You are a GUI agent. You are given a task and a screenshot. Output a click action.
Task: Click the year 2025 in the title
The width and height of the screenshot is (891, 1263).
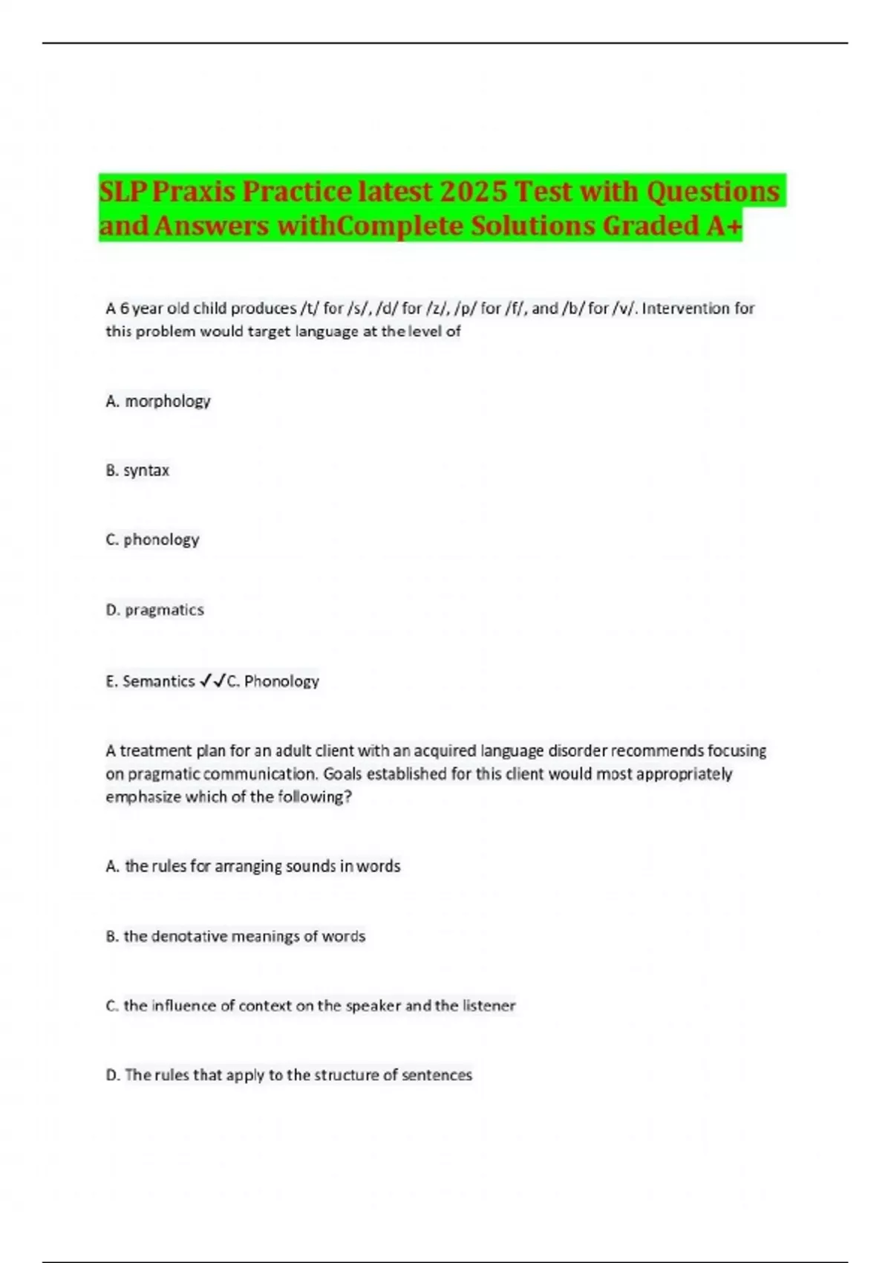(473, 192)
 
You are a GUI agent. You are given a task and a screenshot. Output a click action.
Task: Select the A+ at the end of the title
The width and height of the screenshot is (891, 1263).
(723, 225)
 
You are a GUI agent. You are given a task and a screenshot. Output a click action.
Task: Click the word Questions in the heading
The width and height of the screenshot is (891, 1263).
(712, 192)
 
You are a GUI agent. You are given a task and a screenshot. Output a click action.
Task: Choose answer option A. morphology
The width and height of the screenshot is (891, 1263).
(158, 401)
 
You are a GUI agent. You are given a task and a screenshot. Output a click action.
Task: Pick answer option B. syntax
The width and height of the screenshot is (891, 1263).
(138, 470)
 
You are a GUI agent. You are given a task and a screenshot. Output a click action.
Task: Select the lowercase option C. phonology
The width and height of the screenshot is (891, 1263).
(153, 539)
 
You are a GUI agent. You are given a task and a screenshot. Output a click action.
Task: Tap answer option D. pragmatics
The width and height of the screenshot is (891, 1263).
(155, 610)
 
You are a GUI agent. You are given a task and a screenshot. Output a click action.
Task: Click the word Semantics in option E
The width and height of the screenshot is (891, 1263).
(158, 681)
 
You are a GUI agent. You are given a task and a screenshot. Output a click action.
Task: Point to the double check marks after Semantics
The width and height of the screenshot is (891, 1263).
(212, 681)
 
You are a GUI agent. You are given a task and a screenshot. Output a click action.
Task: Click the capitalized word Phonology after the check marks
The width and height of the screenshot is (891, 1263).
(281, 681)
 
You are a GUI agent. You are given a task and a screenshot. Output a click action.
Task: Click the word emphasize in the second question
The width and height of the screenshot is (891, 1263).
(143, 797)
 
